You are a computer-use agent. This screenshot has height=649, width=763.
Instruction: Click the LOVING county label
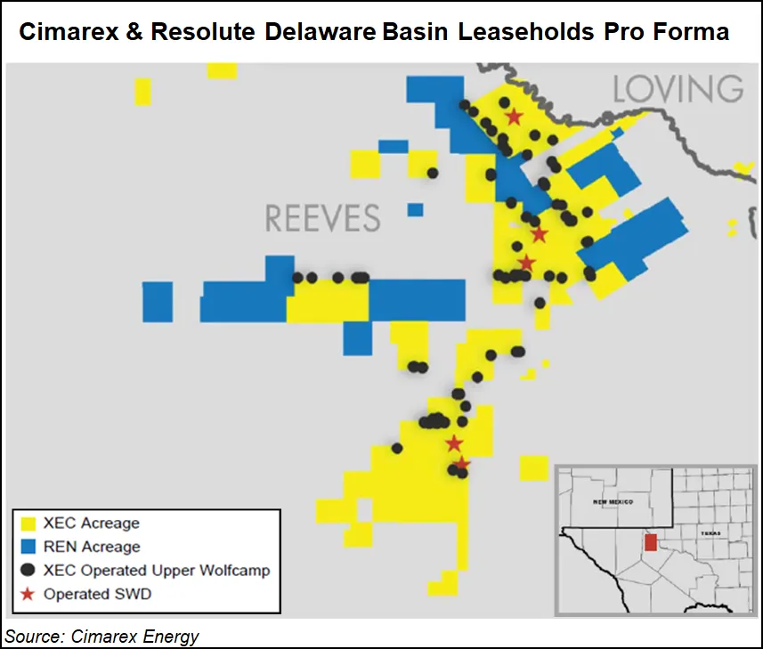678,90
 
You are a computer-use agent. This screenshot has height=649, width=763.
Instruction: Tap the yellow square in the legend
28,523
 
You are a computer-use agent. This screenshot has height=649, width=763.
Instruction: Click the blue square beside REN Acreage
28,547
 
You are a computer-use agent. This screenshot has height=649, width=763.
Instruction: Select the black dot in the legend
28,571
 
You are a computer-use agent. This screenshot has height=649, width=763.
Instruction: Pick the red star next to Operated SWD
28,594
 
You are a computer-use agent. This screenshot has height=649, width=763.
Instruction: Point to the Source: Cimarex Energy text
102,636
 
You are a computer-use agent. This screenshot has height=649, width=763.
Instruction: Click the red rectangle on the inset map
650,542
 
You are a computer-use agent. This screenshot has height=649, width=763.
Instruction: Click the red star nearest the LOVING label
514,117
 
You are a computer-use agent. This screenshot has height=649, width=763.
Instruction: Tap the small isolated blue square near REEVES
416,210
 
